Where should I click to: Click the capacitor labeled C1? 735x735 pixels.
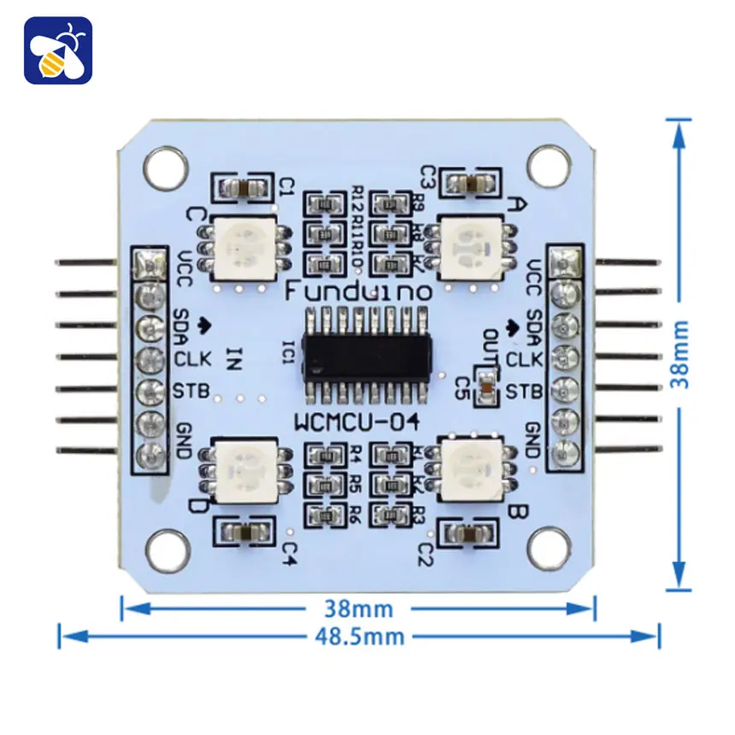click(x=243, y=186)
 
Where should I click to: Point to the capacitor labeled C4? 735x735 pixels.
click(x=243, y=533)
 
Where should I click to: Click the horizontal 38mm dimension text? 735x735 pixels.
click(x=359, y=609)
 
